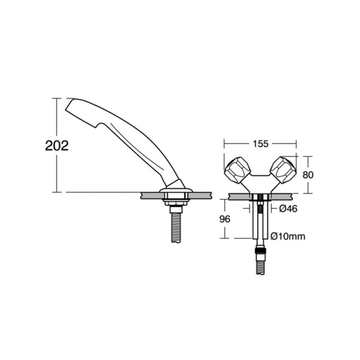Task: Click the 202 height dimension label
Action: [57, 145]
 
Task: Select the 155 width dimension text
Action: [260, 144]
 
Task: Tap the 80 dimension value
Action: [308, 175]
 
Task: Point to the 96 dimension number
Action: [225, 219]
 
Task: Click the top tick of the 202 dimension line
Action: [57, 98]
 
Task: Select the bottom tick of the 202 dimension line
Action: [57, 192]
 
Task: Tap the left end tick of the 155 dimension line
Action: [225, 144]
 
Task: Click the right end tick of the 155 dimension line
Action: [296, 144]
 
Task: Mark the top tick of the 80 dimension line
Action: [307, 156]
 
